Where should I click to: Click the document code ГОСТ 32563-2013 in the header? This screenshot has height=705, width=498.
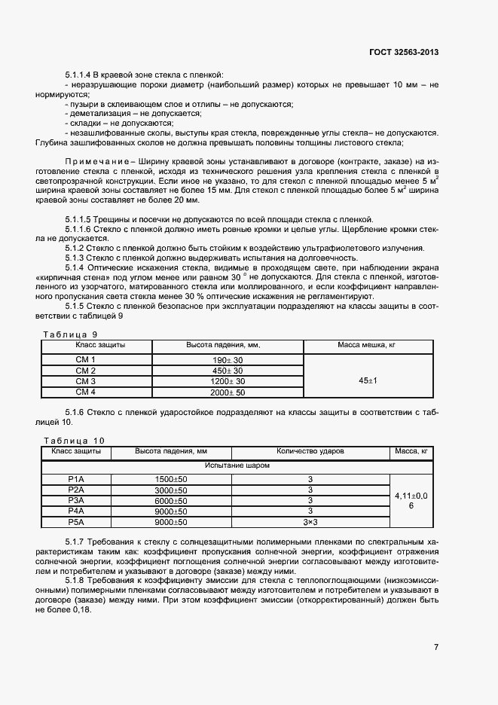pyautogui.click(x=404, y=53)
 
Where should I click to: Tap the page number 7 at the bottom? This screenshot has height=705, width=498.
pyautogui.click(x=436, y=647)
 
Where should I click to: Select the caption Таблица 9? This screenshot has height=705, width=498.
pyautogui.click(x=70, y=334)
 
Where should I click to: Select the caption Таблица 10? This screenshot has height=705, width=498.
pyautogui.click(x=74, y=440)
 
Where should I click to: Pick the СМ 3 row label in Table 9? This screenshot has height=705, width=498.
pyautogui.click(x=86, y=382)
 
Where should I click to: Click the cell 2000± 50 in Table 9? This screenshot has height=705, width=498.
pyautogui.click(x=228, y=392)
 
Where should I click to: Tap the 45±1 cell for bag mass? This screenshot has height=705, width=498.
pyautogui.click(x=367, y=381)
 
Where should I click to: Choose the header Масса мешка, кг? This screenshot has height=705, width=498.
pyautogui.click(x=367, y=345)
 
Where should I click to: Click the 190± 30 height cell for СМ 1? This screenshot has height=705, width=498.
pyautogui.click(x=228, y=361)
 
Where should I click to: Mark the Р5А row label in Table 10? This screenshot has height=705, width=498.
pyautogui.click(x=76, y=521)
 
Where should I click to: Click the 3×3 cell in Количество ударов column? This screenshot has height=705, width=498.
pyautogui.click(x=310, y=521)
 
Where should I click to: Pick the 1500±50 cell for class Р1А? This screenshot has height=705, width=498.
pyautogui.click(x=171, y=479)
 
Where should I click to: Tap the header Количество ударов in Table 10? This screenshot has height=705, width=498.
pyautogui.click(x=310, y=451)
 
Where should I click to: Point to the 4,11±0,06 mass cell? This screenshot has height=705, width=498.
pyautogui.click(x=411, y=500)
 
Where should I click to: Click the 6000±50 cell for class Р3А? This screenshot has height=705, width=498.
pyautogui.click(x=171, y=500)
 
